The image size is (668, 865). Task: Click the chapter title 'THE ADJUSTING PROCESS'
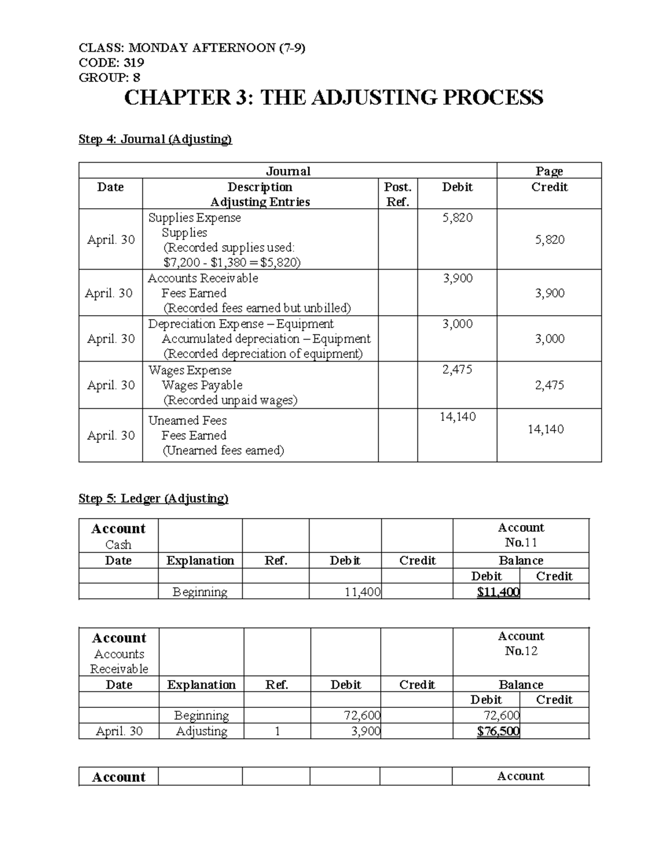tap(401, 98)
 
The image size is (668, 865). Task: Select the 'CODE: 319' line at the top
tap(111, 62)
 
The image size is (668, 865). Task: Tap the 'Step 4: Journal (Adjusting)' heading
tap(155, 139)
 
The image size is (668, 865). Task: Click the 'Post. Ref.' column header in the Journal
tap(397, 194)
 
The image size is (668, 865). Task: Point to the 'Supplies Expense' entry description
tap(194, 218)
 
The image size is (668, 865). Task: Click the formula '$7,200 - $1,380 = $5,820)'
tap(232, 262)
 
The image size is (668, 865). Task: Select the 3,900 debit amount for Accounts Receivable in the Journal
tap(458, 278)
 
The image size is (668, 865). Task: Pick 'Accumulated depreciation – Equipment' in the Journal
tap(266, 339)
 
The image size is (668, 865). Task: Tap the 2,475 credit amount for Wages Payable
tap(549, 385)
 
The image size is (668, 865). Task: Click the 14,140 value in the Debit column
tap(458, 417)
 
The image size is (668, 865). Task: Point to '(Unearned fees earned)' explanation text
tap(223, 450)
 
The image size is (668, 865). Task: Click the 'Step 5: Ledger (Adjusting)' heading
tap(154, 499)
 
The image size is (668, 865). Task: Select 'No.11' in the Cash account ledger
tap(521, 543)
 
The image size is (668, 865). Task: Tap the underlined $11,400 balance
tap(498, 592)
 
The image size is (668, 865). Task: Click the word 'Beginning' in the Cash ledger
tap(200, 592)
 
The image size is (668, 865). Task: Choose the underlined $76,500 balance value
tap(498, 731)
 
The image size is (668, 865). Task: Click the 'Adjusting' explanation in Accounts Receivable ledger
tap(202, 731)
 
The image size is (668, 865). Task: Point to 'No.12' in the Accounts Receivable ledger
tap(521, 651)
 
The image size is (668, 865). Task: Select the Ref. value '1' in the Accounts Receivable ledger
tap(277, 731)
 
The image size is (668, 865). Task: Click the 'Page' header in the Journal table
tap(549, 171)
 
